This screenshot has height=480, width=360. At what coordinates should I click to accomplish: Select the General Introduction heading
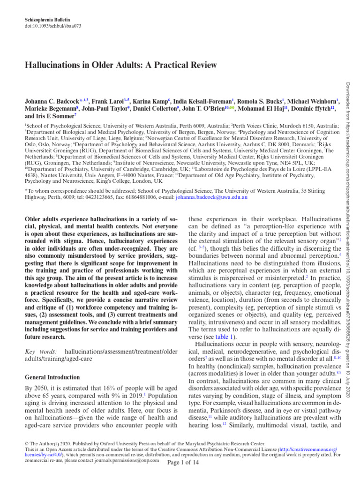[x=52, y=377]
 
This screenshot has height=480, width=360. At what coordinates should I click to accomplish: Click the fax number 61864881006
[x=136, y=198]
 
